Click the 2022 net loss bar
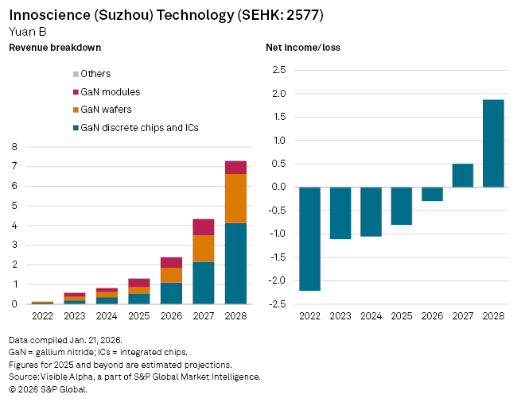pyautogui.click(x=309, y=238)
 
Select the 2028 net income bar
pyautogui.click(x=493, y=144)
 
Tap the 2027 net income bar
pyautogui.click(x=462, y=176)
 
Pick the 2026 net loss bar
pyautogui.click(x=432, y=194)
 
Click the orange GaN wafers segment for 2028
pyautogui.click(x=235, y=199)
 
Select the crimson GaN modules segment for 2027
pyautogui.click(x=203, y=227)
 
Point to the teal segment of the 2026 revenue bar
pyautogui.click(x=171, y=293)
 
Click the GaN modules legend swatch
pyautogui.click(x=75, y=92)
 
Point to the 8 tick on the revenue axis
pyautogui.click(x=14, y=147)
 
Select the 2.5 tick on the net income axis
pyautogui.click(x=279, y=71)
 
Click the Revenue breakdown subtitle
pyautogui.click(x=55, y=48)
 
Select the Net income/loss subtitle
pyautogui.click(x=303, y=48)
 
